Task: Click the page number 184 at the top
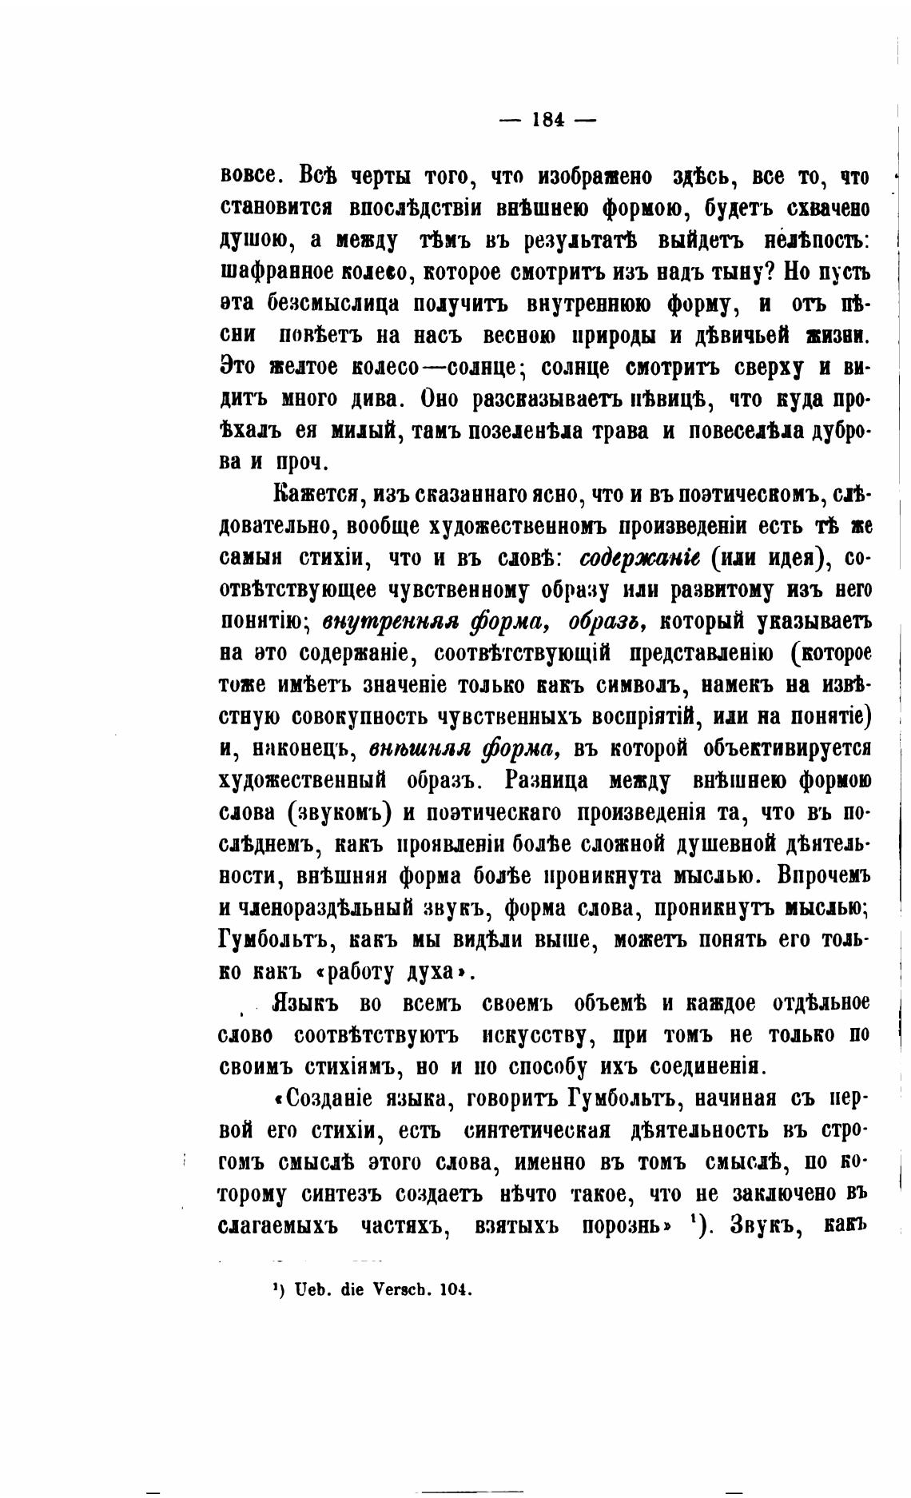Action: pos(547,121)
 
